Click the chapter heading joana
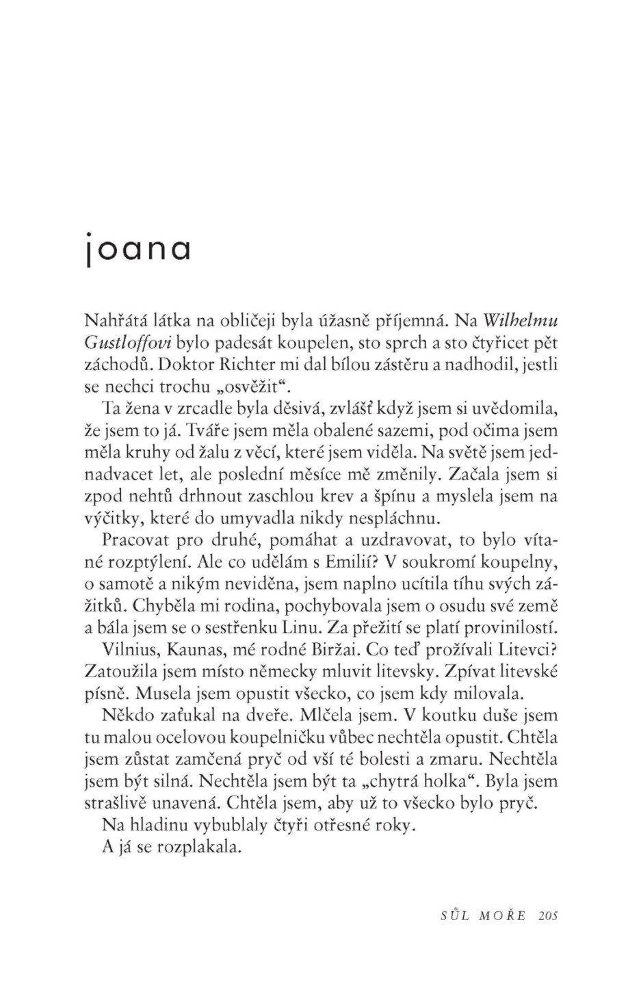point(137,250)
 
